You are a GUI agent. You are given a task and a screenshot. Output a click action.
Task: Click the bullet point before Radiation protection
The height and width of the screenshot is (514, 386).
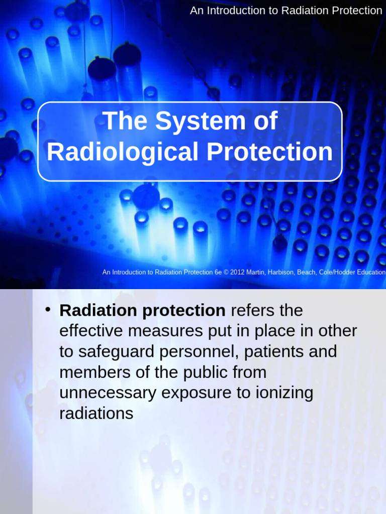[x=48, y=309]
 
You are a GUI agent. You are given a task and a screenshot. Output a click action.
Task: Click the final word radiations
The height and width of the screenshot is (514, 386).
[x=96, y=414]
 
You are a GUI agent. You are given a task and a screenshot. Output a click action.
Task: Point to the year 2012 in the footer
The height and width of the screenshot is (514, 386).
[x=238, y=272]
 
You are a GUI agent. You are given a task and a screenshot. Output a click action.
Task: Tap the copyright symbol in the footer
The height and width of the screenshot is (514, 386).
[x=226, y=272]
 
